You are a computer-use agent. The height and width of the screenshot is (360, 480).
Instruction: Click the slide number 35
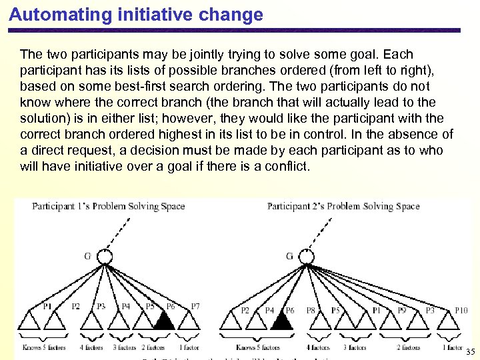coord(471,351)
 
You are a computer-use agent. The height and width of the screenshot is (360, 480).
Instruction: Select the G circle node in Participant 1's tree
coord(105,257)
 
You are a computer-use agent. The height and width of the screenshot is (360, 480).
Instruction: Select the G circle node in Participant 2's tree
coord(306,257)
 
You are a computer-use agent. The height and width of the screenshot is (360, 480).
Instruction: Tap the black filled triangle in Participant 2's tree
coord(281,321)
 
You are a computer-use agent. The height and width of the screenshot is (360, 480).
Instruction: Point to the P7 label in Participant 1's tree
coord(195,307)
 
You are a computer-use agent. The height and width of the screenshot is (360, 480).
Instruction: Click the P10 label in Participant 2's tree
coord(461,310)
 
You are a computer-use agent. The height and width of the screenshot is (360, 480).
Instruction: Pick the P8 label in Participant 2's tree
coord(311,310)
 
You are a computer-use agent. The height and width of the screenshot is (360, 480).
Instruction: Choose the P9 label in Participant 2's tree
coord(402,310)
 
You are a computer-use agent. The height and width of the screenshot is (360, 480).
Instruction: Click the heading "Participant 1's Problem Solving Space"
coord(108,206)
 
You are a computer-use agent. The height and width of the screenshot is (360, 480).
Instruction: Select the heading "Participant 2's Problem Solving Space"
coord(343,206)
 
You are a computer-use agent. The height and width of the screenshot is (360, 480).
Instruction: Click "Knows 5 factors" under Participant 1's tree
coord(44,347)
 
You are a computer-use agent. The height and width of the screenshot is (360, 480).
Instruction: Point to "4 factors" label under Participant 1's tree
coord(91,347)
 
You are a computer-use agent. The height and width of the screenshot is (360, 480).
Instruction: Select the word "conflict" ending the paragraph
coord(287,166)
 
